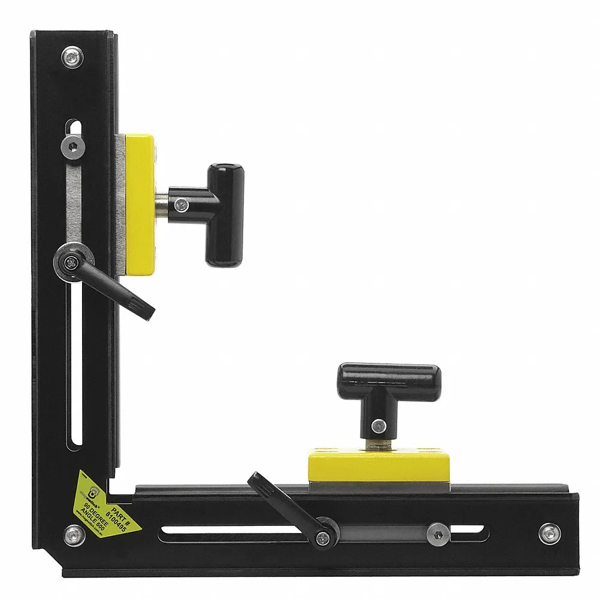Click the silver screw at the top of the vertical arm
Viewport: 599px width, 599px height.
[x=72, y=58]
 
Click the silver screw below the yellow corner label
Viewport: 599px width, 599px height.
[x=74, y=534]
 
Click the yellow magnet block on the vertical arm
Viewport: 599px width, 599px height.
[x=140, y=204]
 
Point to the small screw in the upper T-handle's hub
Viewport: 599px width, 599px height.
[x=181, y=205]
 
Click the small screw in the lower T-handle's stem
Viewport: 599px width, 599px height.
[x=377, y=426]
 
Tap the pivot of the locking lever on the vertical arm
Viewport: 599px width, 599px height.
[x=71, y=262]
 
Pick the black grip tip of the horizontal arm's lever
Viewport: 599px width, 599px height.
[x=258, y=482]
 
